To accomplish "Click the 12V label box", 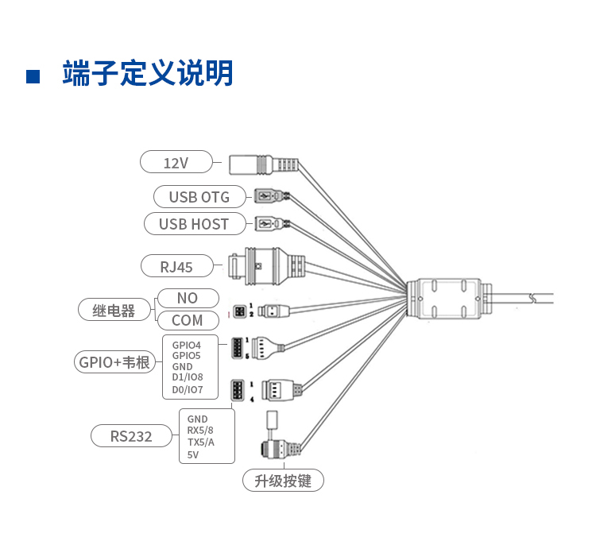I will (x=176, y=162).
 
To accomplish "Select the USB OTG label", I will (x=199, y=196).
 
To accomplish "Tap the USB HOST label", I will (x=193, y=224).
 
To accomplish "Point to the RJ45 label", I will (x=176, y=267).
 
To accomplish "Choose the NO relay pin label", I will (x=187, y=298).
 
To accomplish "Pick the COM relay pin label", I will (x=187, y=320).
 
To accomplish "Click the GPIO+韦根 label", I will (x=114, y=362).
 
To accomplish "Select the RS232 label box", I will (x=131, y=435).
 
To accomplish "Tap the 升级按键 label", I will (x=283, y=481).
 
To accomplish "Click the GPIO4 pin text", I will (x=187, y=345).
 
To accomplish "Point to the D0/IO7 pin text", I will (x=188, y=390).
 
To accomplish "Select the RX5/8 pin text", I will (x=200, y=431).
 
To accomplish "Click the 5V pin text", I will (x=192, y=455).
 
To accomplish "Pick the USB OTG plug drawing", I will (x=269, y=195).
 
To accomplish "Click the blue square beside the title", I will (x=33, y=76).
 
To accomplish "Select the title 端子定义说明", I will (x=148, y=74).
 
